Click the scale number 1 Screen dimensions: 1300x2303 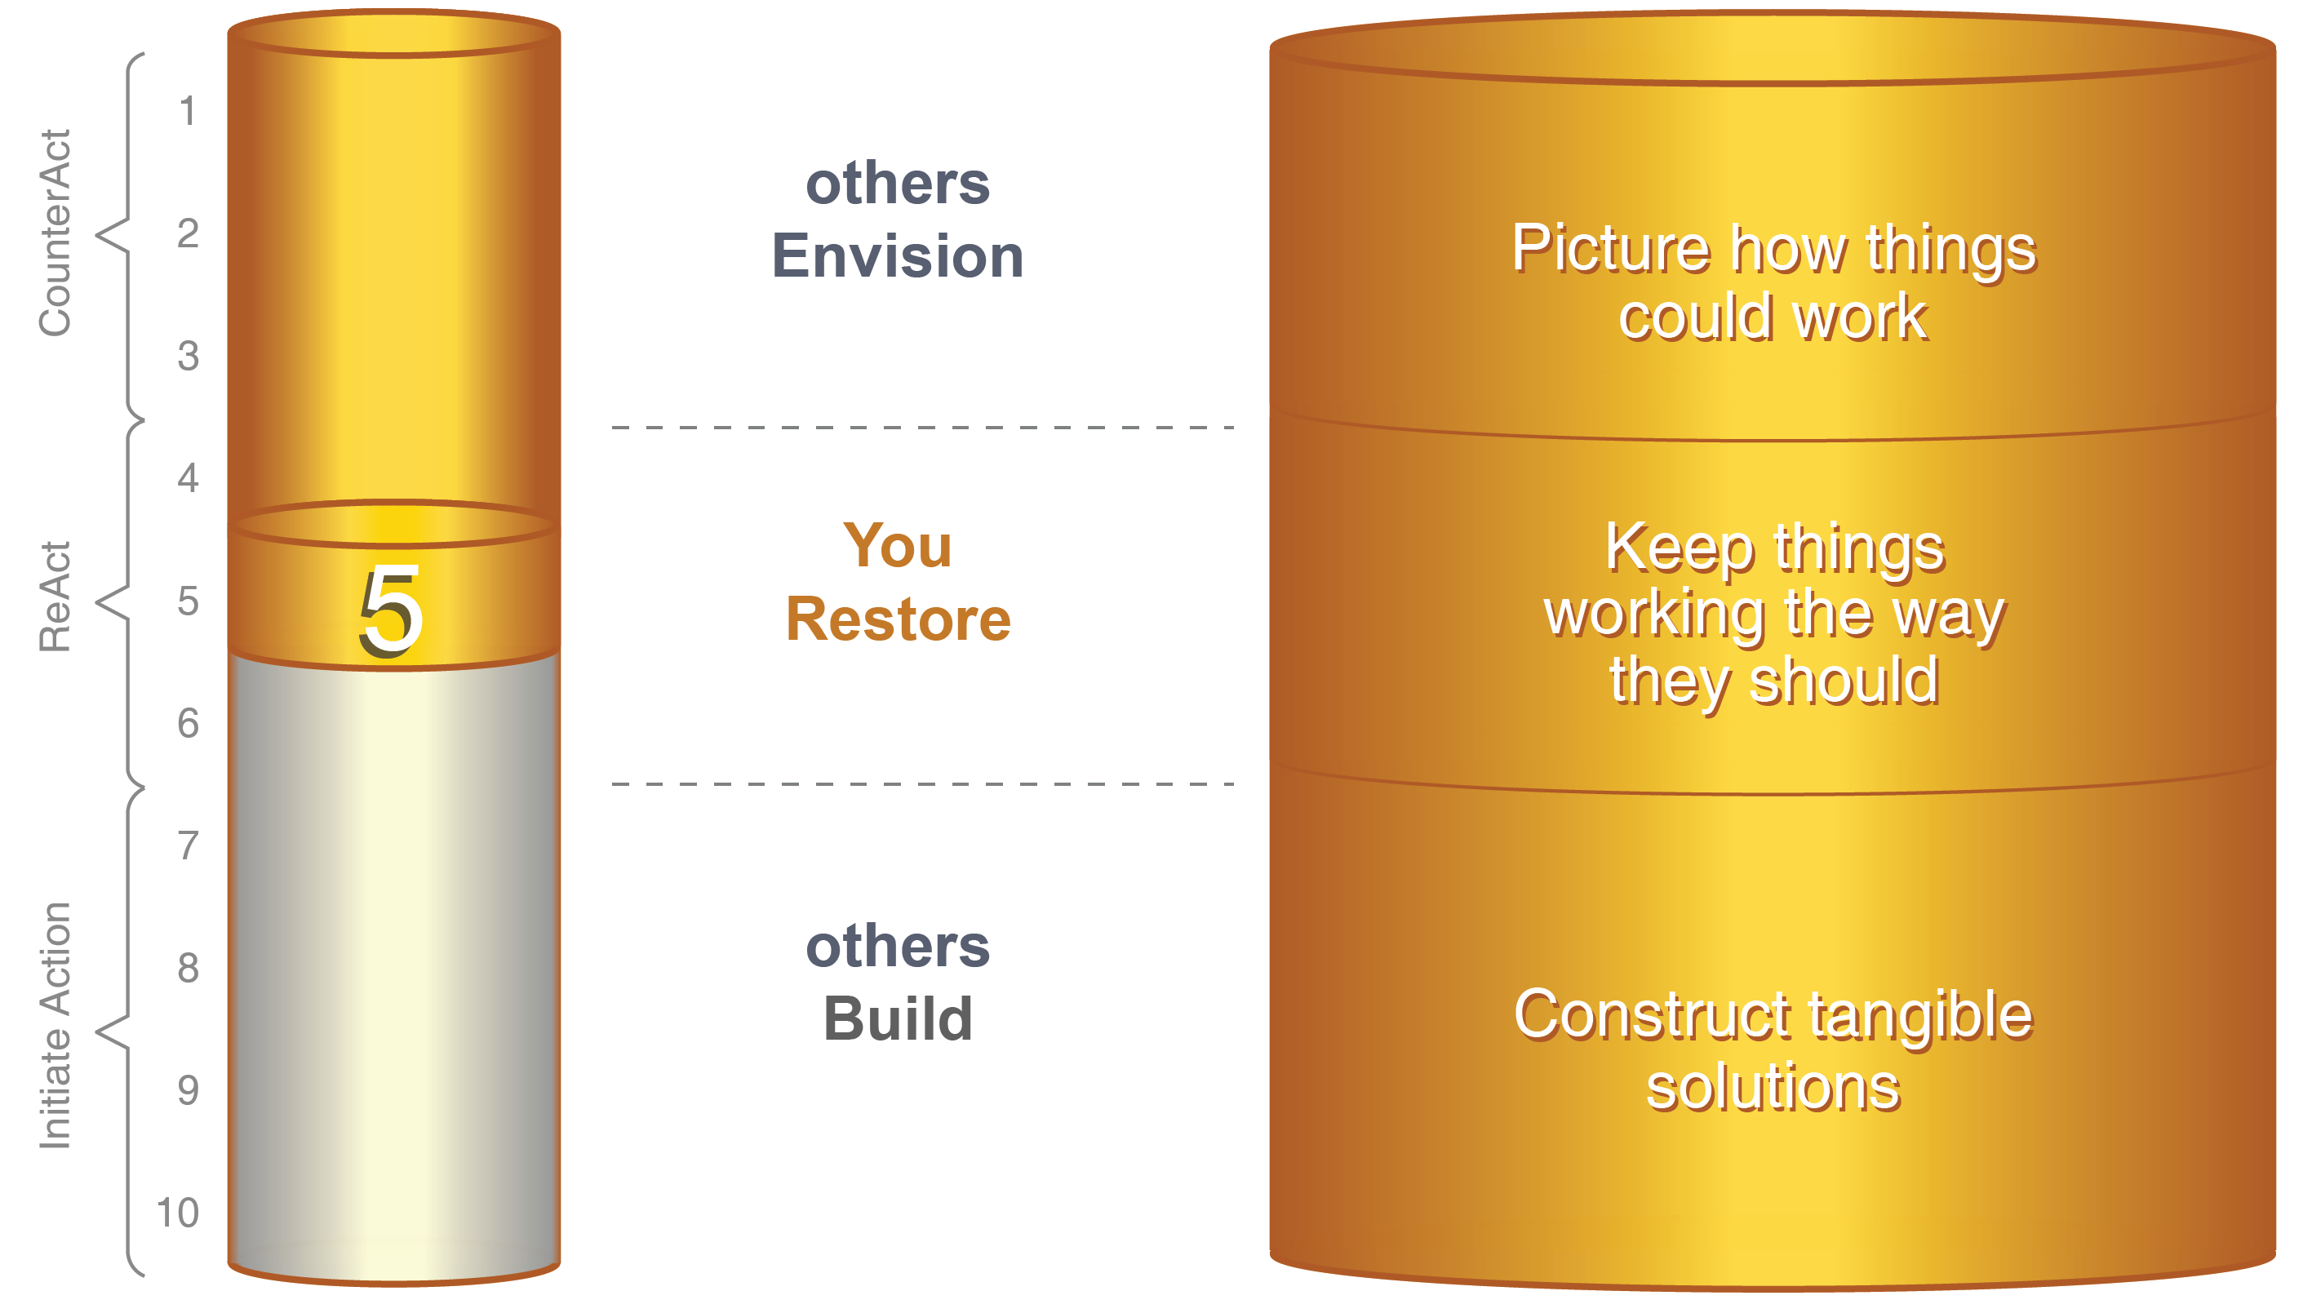pyautogui.click(x=187, y=112)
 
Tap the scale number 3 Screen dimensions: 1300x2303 pyautogui.click(x=188, y=356)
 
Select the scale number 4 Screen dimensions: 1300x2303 pyautogui.click(x=188, y=478)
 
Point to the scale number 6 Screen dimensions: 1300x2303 pyautogui.click(x=188, y=723)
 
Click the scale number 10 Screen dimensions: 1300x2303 pyautogui.click(x=178, y=1213)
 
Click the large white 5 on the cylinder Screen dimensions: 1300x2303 pyautogui.click(x=391, y=612)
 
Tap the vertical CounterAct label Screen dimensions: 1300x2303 pyautogui.click(x=55, y=233)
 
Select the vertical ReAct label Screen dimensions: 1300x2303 pyautogui.click(x=55, y=597)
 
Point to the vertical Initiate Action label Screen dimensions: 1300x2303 pyautogui.click(x=55, y=1025)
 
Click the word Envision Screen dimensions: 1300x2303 pyautogui.click(x=898, y=256)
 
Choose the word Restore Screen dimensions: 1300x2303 pyautogui.click(x=899, y=619)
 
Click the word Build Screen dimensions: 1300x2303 pyautogui.click(x=898, y=1019)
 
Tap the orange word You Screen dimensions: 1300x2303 pyautogui.click(x=898, y=545)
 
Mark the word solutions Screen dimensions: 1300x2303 pyautogui.click(x=1773, y=1088)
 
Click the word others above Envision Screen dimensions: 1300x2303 pyautogui.click(x=898, y=184)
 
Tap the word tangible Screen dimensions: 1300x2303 pyautogui.click(x=1920, y=1018)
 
